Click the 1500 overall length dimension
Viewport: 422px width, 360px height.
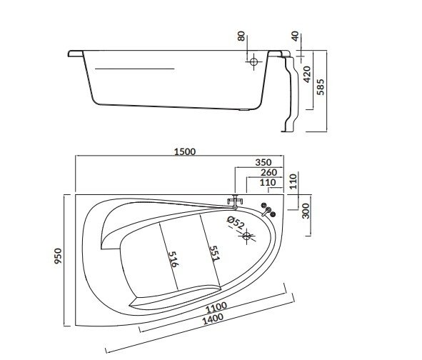tap(184, 151)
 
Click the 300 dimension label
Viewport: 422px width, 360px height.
tap(306, 209)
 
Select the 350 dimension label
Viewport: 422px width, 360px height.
tap(263, 161)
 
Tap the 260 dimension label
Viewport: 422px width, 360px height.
tap(269, 172)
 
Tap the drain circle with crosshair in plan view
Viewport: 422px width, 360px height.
tap(247, 235)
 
